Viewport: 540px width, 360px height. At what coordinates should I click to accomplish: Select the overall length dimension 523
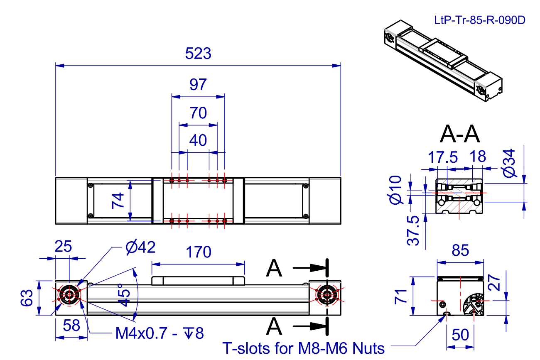(x=198, y=54)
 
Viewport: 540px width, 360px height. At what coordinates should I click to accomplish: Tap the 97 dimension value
(x=198, y=85)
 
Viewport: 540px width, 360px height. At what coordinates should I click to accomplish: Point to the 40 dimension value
(x=198, y=140)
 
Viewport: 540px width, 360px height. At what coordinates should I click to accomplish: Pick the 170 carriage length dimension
(x=198, y=252)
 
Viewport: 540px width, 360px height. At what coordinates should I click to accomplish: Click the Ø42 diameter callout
(x=140, y=247)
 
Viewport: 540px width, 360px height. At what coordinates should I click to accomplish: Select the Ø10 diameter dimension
(x=396, y=190)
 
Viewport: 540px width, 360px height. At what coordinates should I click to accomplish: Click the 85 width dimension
(x=460, y=250)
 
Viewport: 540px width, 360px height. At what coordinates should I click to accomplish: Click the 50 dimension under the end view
(x=460, y=335)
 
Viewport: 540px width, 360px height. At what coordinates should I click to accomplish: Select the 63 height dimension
(x=27, y=298)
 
